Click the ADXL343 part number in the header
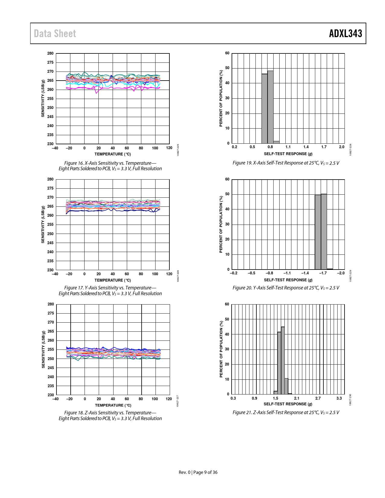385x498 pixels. pos(345,34)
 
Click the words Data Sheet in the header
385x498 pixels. pos(55,34)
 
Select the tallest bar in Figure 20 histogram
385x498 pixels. pos(324,231)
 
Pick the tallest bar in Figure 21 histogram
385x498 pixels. pos(283,360)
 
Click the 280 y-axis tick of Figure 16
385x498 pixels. pos(50,53)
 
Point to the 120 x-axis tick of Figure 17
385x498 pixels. pos(169,274)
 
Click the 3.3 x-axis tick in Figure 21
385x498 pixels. pos(339,398)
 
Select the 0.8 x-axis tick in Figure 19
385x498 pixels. pos(270,147)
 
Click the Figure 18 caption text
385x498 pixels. pos(110,416)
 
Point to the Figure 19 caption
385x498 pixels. pos(286,163)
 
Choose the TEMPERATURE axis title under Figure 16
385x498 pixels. pos(113,154)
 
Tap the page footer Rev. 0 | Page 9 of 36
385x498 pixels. pos(198,472)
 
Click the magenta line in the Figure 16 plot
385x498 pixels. pos(115,88)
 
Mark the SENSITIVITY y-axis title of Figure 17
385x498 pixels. pos(43,224)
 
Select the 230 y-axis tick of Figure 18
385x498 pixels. pos(51,395)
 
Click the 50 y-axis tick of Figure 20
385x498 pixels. pos(227,194)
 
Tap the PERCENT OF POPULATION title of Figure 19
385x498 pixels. pos(221,98)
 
